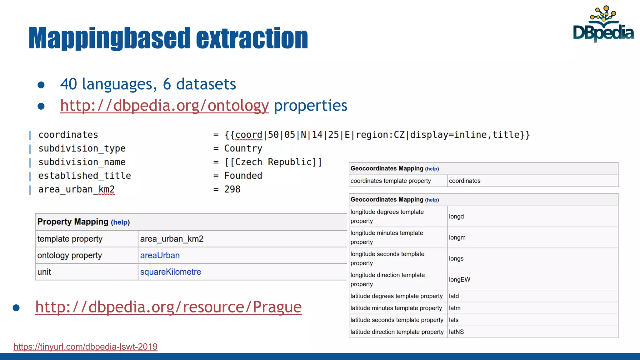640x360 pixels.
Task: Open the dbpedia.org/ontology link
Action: [164, 106]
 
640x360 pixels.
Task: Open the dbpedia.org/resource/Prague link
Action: [168, 307]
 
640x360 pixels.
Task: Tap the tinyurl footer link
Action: [85, 347]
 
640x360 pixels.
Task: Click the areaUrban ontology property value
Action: [160, 255]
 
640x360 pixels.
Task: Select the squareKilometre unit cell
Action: [170, 272]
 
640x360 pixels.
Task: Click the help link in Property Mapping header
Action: [121, 222]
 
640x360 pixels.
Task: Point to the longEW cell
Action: [459, 279]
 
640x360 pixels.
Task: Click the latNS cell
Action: [456, 332]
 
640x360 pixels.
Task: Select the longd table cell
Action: [456, 216]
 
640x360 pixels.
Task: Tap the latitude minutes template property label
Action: [396, 308]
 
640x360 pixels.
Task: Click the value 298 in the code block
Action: [232, 189]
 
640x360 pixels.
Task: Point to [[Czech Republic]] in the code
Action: [273, 162]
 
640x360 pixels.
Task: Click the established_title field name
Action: [84, 176]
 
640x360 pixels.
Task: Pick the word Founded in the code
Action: [243, 176]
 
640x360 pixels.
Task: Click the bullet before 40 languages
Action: [41, 85]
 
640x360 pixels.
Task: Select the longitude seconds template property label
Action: [387, 258]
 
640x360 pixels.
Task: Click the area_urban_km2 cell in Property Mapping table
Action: [172, 239]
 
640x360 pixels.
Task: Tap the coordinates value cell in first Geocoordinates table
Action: [464, 181]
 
